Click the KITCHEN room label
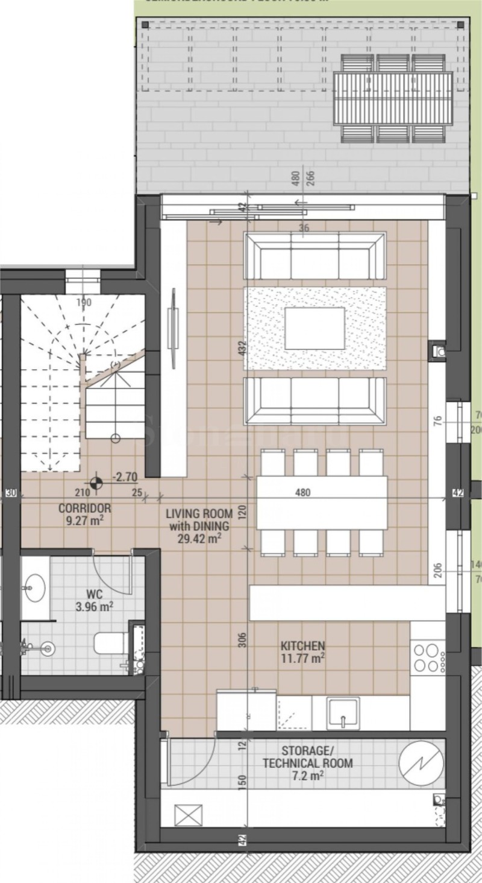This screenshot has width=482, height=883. [302, 645]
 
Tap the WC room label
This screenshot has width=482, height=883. [94, 594]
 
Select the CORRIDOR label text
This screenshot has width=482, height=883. [84, 508]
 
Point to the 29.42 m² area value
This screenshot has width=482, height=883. [198, 539]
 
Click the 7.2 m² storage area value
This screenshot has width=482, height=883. [307, 776]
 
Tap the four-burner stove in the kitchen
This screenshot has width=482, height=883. [427, 658]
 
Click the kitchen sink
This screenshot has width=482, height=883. [343, 714]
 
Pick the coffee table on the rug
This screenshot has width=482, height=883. [315, 329]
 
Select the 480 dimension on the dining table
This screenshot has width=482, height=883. [303, 492]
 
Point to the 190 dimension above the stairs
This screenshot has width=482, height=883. [84, 302]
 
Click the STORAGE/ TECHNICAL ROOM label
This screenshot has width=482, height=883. [307, 757]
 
